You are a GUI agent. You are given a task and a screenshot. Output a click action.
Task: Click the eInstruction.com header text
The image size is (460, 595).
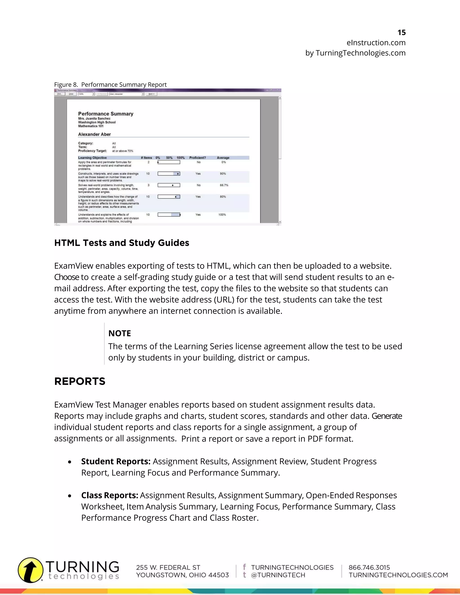(376, 43)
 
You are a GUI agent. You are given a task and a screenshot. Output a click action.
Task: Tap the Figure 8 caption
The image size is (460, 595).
(110, 84)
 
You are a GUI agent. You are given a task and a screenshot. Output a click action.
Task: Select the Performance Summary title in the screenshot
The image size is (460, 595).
(106, 114)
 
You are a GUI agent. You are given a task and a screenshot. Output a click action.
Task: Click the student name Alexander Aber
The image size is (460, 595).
(94, 134)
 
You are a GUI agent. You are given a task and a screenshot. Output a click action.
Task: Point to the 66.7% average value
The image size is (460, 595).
(224, 185)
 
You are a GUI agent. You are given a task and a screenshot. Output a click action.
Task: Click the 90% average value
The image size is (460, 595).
(223, 174)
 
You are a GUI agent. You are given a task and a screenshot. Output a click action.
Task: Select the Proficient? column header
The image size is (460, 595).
(198, 158)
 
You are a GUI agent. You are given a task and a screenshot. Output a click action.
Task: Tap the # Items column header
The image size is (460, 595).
(146, 158)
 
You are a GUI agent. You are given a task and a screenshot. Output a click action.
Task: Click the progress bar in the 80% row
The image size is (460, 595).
(169, 197)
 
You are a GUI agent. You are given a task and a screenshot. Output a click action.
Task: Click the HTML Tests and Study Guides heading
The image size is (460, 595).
(122, 243)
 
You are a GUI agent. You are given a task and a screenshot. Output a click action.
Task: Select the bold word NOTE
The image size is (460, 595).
(120, 333)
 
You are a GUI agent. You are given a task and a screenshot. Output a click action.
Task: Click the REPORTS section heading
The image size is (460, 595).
(80, 381)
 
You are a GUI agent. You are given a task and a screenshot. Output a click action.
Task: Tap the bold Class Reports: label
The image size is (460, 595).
(110, 495)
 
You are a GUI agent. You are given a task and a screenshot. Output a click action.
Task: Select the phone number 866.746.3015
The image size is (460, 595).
(369, 567)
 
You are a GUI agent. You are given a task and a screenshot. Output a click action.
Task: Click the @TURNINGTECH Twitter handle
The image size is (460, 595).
(278, 575)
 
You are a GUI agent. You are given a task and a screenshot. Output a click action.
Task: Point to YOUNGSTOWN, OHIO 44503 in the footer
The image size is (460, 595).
(182, 575)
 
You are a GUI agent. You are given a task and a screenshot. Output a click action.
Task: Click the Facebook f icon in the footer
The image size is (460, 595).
(244, 567)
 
